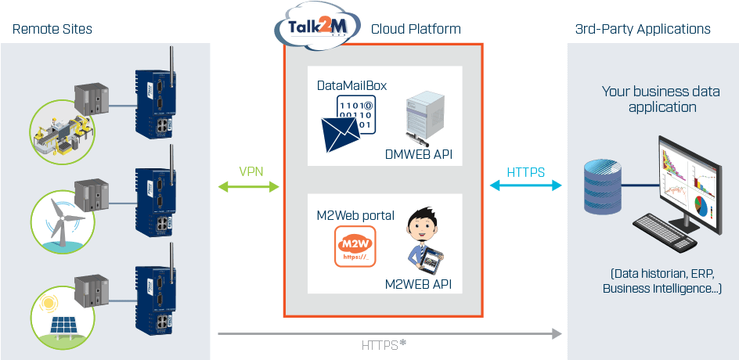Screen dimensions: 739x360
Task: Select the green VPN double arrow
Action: click(x=249, y=187)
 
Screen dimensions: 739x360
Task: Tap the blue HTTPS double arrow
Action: click(x=526, y=185)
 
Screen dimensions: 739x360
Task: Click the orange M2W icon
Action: click(x=355, y=247)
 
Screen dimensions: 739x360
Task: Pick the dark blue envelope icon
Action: click(x=341, y=135)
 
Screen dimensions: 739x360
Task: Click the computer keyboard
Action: click(x=665, y=232)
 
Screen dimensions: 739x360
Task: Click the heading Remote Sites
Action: click(x=52, y=29)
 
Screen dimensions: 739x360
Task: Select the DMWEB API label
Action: click(x=419, y=154)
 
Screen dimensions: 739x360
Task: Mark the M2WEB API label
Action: click(x=419, y=284)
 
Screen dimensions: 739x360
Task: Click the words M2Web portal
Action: click(x=356, y=215)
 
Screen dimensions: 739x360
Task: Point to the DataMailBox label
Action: click(x=352, y=86)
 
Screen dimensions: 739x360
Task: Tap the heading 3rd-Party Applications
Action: click(x=643, y=29)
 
